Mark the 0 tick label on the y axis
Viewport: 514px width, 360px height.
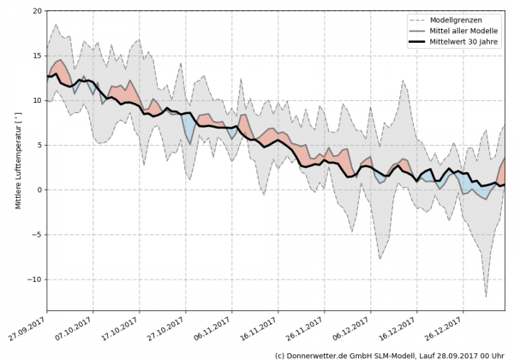click(38, 189)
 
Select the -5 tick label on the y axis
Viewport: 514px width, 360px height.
click(35, 235)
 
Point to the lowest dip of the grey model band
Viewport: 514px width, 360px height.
click(486, 297)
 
